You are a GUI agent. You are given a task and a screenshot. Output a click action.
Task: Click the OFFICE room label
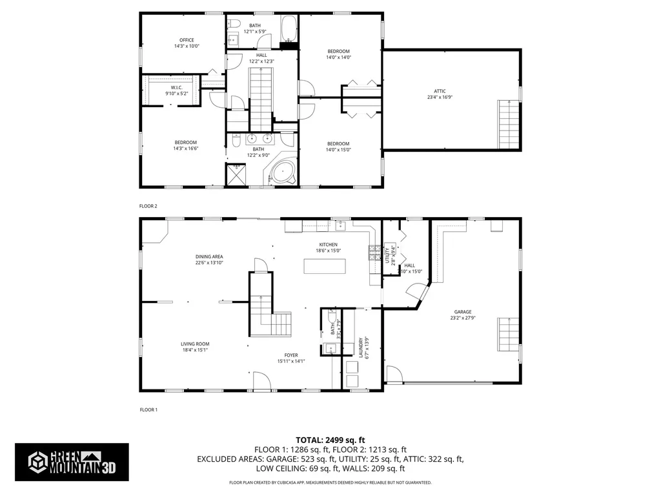186,40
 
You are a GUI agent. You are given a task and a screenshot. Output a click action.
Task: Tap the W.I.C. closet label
177,87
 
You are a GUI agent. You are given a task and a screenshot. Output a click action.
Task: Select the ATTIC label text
440,91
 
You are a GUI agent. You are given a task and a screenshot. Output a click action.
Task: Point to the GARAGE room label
463,311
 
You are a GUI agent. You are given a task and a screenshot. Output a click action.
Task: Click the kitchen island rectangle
325,266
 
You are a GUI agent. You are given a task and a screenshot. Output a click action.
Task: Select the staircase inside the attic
508,125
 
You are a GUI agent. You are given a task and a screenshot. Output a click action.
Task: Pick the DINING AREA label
209,256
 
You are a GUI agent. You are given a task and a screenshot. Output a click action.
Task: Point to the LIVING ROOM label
194,344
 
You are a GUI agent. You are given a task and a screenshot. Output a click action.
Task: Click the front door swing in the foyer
261,381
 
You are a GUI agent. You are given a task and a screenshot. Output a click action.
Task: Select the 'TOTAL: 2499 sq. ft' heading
330,439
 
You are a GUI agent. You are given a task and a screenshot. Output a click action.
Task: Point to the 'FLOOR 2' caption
148,206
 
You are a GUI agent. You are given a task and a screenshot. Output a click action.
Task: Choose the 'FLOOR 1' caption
148,409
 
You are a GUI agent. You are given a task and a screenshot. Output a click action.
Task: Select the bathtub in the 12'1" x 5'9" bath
288,29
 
